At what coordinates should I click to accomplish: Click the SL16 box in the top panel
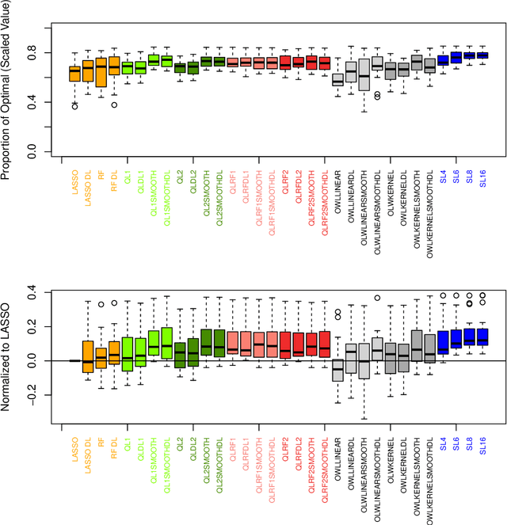[x=482, y=55]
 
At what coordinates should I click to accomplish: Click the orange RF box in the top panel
[x=101, y=72]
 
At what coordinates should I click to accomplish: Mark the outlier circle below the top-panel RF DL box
[x=114, y=105]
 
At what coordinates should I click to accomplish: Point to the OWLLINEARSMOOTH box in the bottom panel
[x=364, y=361]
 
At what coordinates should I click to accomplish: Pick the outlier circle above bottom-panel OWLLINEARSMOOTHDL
[x=378, y=299]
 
